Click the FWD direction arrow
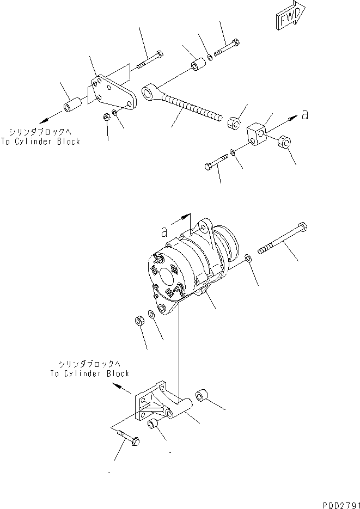287,19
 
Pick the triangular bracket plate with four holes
112,95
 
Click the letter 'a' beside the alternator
164,231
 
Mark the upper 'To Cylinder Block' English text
41,142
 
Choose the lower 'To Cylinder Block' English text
90,373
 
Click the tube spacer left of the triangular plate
72,105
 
